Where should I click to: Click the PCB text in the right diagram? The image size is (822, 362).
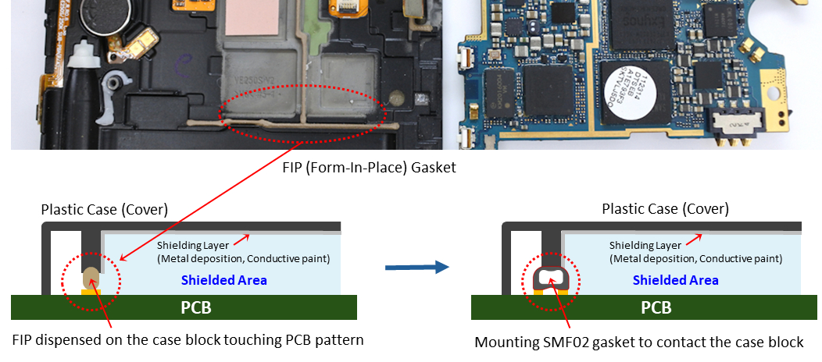pos(656,307)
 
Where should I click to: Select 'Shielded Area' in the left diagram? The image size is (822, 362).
pos(223,280)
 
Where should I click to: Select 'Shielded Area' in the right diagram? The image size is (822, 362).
pos(675,280)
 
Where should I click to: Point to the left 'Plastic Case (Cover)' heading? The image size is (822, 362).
pos(105,209)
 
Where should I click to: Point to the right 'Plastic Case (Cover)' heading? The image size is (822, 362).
pos(665,209)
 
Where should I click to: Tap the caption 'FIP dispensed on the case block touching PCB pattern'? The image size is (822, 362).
pos(188,340)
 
